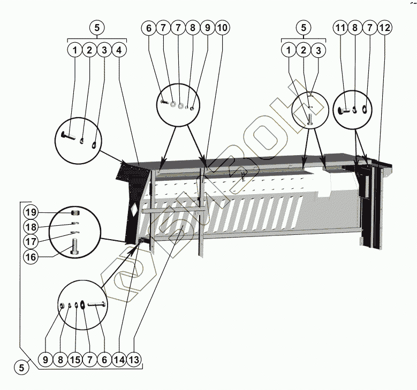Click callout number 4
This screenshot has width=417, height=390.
[119, 50]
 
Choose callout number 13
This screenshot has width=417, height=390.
[134, 360]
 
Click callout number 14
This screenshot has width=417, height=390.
[119, 360]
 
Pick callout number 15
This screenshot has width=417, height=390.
[75, 360]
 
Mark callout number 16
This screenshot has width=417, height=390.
[31, 257]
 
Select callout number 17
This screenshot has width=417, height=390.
[31, 241]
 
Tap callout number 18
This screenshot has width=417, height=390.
[31, 226]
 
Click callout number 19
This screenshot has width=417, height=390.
[31, 211]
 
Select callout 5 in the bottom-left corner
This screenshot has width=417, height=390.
[21, 368]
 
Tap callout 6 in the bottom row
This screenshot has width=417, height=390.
[104, 360]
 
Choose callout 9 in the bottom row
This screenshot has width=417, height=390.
[46, 360]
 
